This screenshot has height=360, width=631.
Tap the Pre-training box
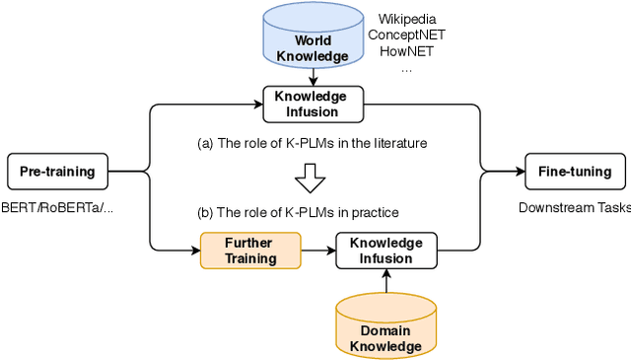pyautogui.click(x=57, y=172)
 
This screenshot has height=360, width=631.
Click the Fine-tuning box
pyautogui.click(x=574, y=172)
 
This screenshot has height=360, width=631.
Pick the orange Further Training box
pyautogui.click(x=248, y=251)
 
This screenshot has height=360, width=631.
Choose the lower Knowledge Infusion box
pyautogui.click(x=386, y=251)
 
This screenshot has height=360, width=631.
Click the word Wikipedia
pyautogui.click(x=407, y=19)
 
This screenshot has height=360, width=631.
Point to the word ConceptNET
pyautogui.click(x=407, y=35)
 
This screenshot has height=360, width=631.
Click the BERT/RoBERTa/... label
pyautogui.click(x=57, y=207)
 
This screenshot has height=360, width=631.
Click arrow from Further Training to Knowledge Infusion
pyautogui.click(x=316, y=251)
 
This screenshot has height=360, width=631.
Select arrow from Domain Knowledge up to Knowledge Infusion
pyautogui.click(x=386, y=282)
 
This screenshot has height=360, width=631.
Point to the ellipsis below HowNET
pyautogui.click(x=407, y=69)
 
